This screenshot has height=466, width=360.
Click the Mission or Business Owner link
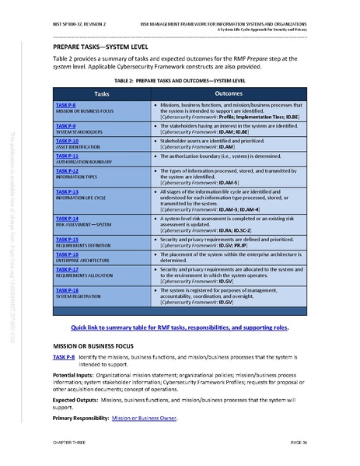point(143,419)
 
